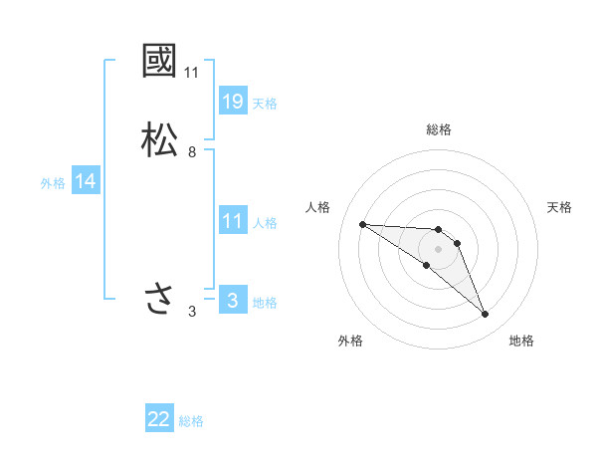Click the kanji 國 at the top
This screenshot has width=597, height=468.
160,61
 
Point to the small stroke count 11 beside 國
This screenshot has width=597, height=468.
192,73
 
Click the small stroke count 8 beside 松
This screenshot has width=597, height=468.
192,152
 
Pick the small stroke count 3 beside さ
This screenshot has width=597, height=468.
192,312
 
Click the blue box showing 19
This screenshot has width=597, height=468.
232,102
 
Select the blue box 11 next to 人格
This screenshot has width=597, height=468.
232,221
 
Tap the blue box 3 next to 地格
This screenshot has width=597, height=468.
232,301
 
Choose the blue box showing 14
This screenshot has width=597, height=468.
86,181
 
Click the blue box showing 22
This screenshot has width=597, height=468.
159,419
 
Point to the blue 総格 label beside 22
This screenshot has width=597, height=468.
191,421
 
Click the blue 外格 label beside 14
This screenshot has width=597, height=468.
53,183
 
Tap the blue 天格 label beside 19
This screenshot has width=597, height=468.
265,104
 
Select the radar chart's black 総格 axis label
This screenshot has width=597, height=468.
439,129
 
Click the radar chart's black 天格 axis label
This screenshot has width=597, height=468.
560,207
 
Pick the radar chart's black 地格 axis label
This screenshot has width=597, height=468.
522,341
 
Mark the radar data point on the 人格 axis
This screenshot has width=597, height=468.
362,224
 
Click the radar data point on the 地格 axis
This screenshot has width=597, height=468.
486,315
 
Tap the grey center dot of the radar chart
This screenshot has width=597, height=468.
439,248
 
